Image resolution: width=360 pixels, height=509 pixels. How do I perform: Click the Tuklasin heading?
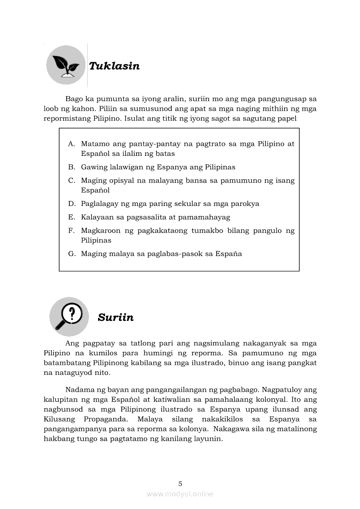click(x=114, y=66)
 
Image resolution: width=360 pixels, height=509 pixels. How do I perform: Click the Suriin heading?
click(x=115, y=317)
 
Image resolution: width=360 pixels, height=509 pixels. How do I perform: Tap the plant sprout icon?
click(x=66, y=65)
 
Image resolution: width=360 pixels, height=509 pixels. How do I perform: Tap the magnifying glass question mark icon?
click(x=69, y=317)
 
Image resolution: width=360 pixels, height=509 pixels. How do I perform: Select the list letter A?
click(x=71, y=144)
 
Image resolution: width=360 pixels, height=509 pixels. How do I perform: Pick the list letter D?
click(x=71, y=203)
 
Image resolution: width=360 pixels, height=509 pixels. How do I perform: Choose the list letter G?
click(x=71, y=253)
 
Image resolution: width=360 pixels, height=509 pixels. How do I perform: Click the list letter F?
click(x=71, y=230)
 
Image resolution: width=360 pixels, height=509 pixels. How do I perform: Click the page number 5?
click(x=180, y=483)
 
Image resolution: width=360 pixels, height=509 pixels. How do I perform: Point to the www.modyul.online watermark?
click(x=180, y=494)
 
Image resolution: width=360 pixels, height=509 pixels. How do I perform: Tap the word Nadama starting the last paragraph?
click(x=78, y=389)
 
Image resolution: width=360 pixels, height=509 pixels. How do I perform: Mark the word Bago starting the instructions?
click(x=74, y=98)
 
